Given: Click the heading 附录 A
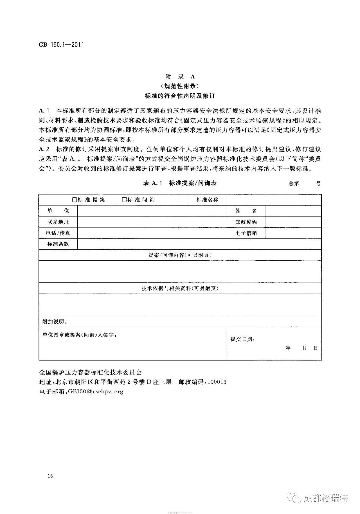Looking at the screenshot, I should click(x=180, y=76).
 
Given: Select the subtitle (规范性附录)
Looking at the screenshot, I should click(x=180, y=86).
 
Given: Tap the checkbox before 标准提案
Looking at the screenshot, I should click(x=75, y=200).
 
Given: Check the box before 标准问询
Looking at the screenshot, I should click(x=124, y=200).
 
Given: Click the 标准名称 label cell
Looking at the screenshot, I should click(x=207, y=200).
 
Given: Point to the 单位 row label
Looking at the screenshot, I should click(x=58, y=211).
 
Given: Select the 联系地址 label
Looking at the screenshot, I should click(x=58, y=222).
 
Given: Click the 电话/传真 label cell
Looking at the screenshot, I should click(x=58, y=233).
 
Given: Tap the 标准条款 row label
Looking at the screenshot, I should click(x=58, y=244).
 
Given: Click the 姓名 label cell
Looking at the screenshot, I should click(x=246, y=211).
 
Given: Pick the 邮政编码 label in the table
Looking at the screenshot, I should click(x=246, y=222).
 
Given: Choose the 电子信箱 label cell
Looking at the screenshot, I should click(x=246, y=233).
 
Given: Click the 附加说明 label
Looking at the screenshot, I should click(x=55, y=322).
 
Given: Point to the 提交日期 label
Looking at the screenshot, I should click(x=243, y=339).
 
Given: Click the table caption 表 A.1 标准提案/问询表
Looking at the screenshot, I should click(x=180, y=183).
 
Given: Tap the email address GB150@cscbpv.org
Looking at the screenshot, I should click(x=96, y=391).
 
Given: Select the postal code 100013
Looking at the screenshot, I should click(x=217, y=382).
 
